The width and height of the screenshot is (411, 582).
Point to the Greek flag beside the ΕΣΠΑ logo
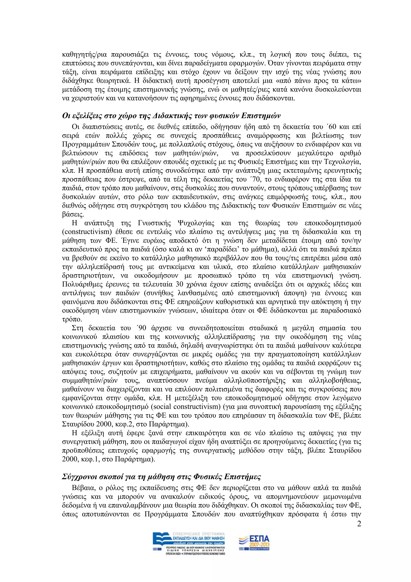[x=242, y=549]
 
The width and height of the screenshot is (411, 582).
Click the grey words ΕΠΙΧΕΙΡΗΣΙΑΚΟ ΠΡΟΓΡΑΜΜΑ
[x=198, y=534]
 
